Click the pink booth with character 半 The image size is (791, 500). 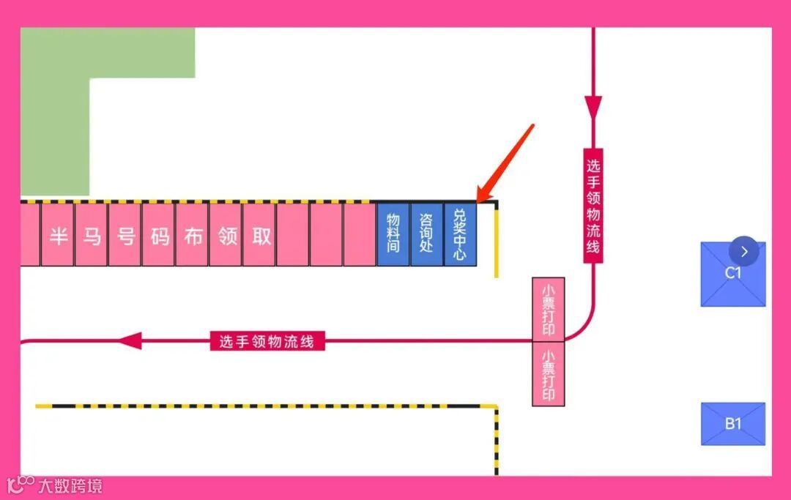pyautogui.click(x=58, y=235)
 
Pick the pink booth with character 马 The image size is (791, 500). pyautogui.click(x=92, y=235)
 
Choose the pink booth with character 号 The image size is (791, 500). pyautogui.click(x=125, y=235)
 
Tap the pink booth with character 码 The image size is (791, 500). pyautogui.click(x=159, y=235)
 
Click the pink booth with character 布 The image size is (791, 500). pyautogui.click(x=193, y=235)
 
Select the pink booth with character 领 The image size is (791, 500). pyautogui.click(x=226, y=235)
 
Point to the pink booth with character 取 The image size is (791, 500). pyautogui.click(x=260, y=235)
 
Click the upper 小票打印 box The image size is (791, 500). pyautogui.click(x=548, y=310)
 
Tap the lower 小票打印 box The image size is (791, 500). pyautogui.click(x=548, y=374)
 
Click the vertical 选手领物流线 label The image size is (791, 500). pyautogui.click(x=593, y=205)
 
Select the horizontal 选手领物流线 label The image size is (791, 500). pyautogui.click(x=267, y=341)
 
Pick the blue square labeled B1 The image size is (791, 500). pyautogui.click(x=733, y=424)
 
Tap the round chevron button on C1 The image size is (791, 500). pyautogui.click(x=745, y=252)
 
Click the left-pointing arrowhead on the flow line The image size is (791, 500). pyautogui.click(x=130, y=340)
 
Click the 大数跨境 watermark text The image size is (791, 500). pyautogui.click(x=70, y=486)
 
